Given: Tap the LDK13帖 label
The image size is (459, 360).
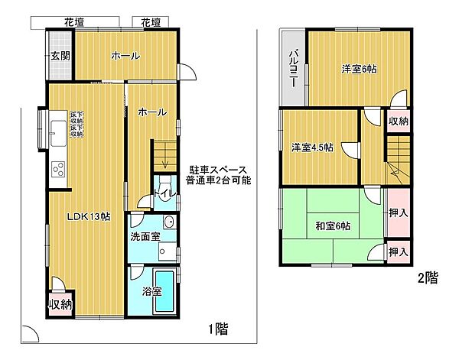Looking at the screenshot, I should coord(90,217).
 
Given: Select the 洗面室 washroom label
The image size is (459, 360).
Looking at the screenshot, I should coord(145,237).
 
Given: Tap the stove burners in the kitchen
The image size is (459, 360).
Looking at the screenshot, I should coord(58,169).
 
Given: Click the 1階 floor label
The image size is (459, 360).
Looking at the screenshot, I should coord(217,329).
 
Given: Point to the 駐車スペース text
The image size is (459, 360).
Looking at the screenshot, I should coord(216,169).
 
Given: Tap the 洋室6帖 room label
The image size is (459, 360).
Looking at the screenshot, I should coord(359,70).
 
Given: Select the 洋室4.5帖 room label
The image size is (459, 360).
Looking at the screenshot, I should coord(311,148).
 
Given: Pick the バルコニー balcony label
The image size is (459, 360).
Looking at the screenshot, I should coord(294,68).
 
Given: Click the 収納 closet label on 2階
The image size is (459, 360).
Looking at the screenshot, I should coord(398,122).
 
